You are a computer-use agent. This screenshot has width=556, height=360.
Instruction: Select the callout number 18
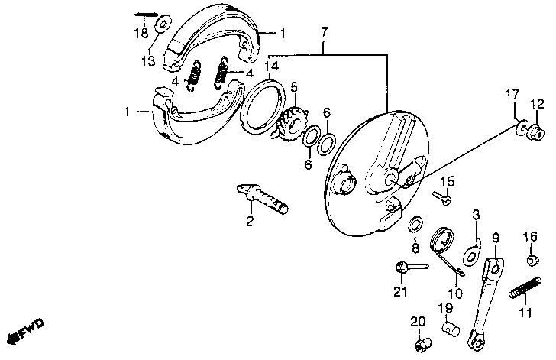(142, 33)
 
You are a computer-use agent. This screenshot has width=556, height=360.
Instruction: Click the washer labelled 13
(162, 24)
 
